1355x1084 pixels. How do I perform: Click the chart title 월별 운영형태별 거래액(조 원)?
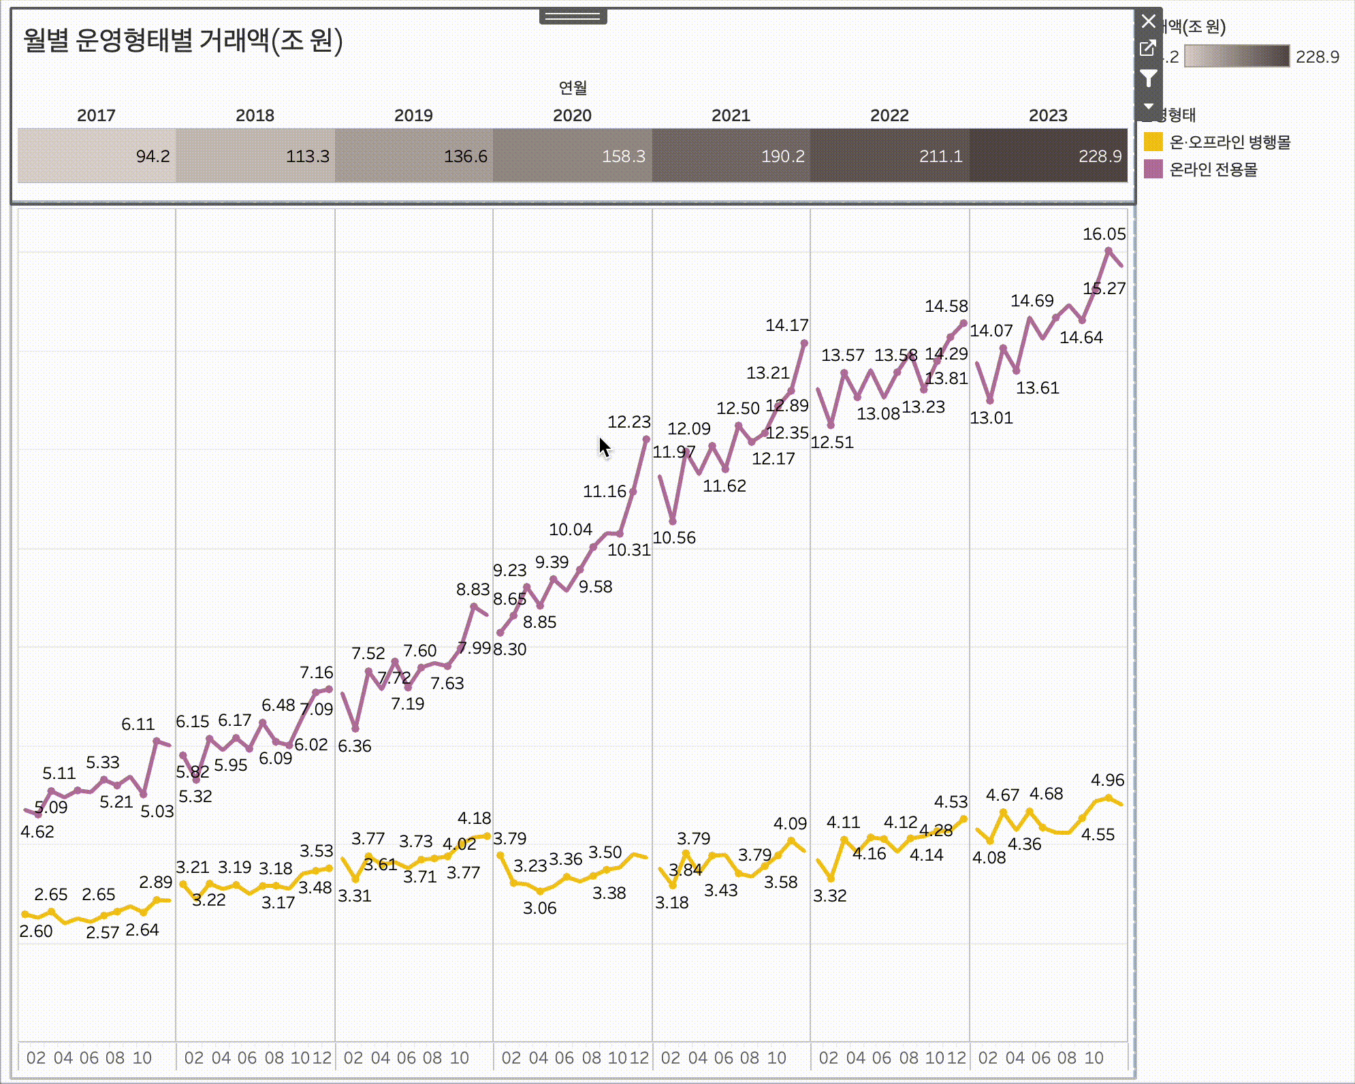(182, 41)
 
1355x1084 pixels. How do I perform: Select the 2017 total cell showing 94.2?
(97, 156)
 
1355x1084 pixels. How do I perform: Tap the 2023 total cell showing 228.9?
(1049, 156)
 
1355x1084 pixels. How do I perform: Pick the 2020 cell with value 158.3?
(573, 156)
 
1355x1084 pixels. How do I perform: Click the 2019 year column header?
(413, 115)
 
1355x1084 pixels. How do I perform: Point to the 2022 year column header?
(889, 115)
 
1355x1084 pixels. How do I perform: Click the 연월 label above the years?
(573, 87)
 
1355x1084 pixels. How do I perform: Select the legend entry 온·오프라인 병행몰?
(1229, 142)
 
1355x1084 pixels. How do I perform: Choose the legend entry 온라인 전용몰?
(1213, 170)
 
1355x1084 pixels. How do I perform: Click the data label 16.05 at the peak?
(1104, 234)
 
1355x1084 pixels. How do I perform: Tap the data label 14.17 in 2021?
(786, 325)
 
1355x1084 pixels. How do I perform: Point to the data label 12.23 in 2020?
(628, 422)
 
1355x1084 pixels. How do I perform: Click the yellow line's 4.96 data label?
(1107, 780)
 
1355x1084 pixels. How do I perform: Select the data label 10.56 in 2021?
(674, 538)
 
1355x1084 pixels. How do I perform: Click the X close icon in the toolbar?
(1149, 22)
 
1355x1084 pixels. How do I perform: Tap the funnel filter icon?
(1149, 79)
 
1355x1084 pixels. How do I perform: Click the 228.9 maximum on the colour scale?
(1317, 57)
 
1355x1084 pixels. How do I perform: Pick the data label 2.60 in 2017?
(36, 931)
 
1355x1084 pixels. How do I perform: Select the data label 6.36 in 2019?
(355, 746)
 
